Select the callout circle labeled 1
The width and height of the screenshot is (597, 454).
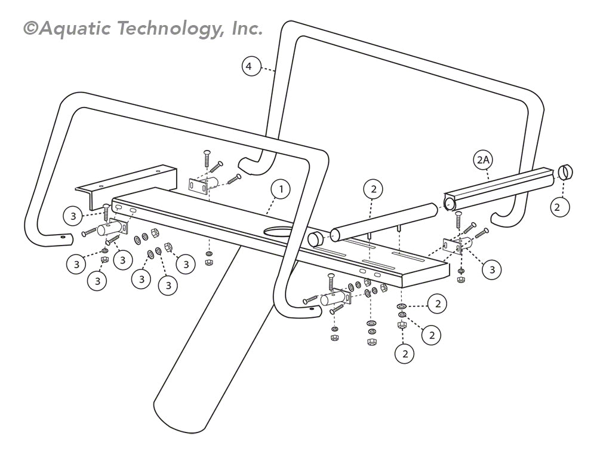280,190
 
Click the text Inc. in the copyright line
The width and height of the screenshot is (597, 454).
245,29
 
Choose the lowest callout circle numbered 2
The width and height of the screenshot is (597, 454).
405,354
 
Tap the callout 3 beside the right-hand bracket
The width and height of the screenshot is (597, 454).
492,270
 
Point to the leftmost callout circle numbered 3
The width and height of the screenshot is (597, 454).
73,216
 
